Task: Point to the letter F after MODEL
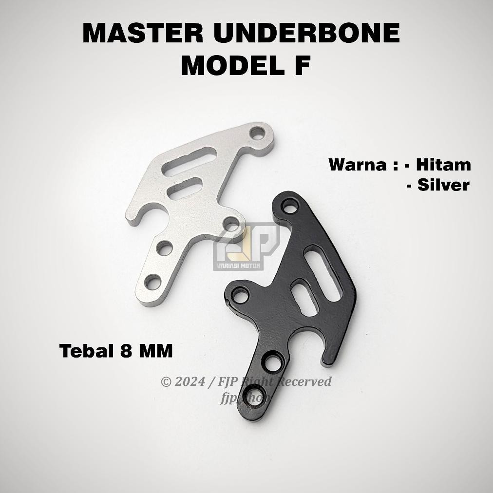click(x=302, y=65)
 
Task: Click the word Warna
click(x=359, y=165)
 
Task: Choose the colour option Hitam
click(x=443, y=165)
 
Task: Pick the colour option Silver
click(x=443, y=185)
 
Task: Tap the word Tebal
click(x=86, y=351)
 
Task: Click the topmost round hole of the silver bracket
click(x=256, y=133)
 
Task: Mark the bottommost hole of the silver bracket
click(x=152, y=282)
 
